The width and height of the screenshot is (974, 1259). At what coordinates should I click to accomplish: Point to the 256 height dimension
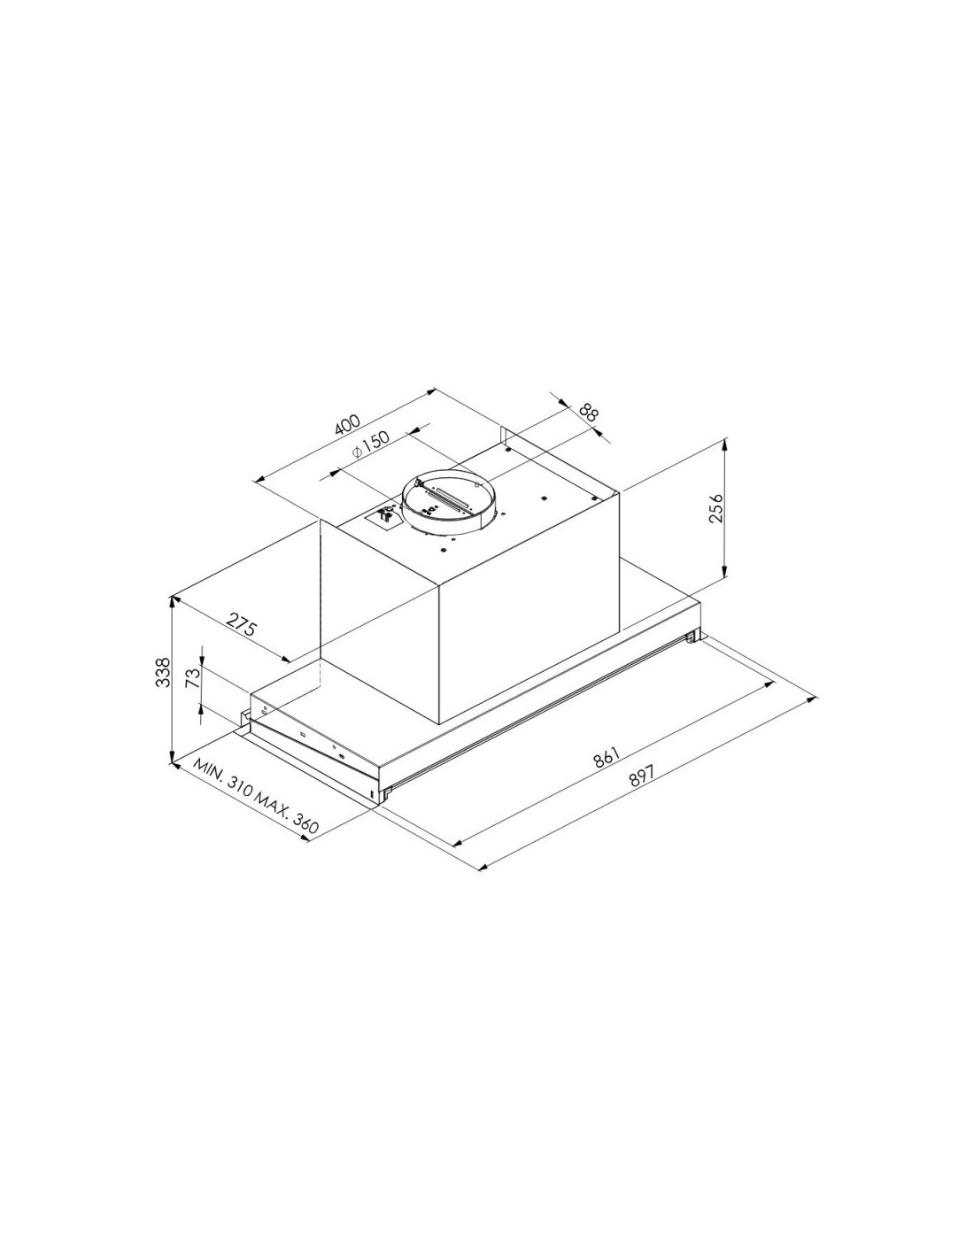[716, 508]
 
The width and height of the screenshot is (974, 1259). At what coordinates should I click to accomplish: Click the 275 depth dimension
[241, 623]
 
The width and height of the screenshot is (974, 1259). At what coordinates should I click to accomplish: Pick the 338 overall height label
[164, 672]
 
